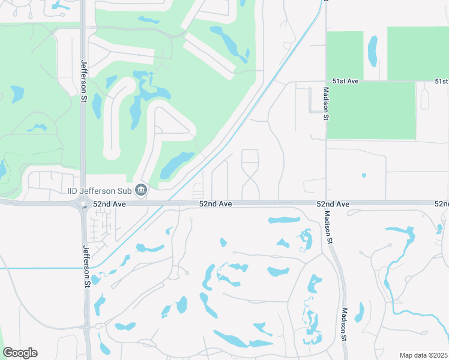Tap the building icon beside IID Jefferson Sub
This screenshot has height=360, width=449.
pos(141,190)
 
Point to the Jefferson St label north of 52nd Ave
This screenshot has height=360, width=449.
pos(83,75)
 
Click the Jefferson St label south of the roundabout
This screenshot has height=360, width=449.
pos(87,266)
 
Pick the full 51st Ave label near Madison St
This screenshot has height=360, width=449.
pos(345,81)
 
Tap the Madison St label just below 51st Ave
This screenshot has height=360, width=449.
pos(326,104)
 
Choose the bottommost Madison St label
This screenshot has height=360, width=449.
pos(345,325)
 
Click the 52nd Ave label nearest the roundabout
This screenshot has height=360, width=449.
pos(109,205)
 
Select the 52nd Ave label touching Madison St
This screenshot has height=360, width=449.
pos(333,205)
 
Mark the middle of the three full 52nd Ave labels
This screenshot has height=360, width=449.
pos(215,205)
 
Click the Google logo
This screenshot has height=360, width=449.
pos(20,353)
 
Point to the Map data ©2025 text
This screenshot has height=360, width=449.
pos(423,355)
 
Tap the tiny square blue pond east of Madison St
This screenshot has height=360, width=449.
pos(364,175)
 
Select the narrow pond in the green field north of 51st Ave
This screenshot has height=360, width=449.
pos(373,50)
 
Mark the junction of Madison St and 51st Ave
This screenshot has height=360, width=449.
pos(326,81)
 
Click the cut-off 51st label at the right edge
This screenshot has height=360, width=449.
pos(442,81)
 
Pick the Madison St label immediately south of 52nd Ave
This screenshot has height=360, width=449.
pos(328,227)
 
